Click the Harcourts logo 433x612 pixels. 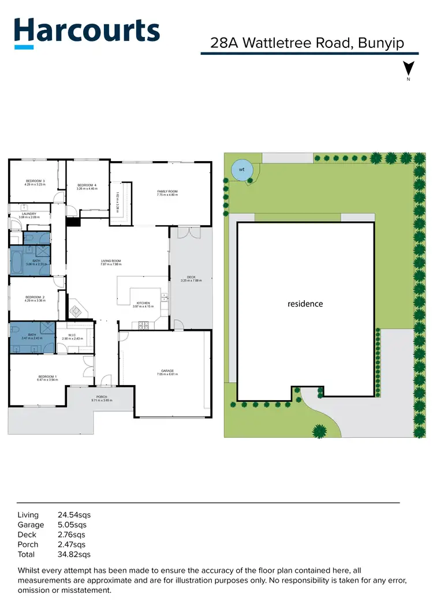87,32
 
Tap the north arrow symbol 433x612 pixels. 409,69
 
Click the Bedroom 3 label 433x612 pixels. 36,182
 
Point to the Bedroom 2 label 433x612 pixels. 35,298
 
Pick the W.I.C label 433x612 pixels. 73,335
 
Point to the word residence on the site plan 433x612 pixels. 305,304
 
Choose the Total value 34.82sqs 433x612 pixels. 74,555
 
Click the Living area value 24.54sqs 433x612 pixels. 74,514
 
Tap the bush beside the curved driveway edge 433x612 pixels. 318,430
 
